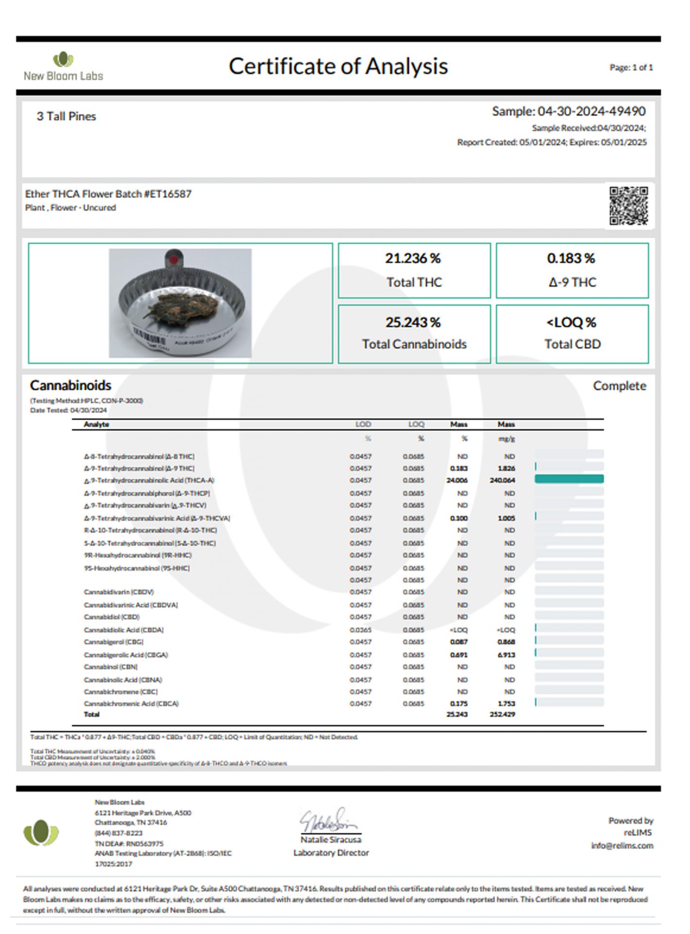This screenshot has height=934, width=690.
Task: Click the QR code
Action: pyautogui.click(x=629, y=206)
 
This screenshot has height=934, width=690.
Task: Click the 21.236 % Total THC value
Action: pyautogui.click(x=413, y=258)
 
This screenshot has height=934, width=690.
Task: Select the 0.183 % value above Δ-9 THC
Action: pyautogui.click(x=571, y=258)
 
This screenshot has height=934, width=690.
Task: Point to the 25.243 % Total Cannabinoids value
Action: pyautogui.click(x=413, y=323)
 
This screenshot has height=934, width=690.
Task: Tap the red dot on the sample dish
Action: pyautogui.click(x=174, y=259)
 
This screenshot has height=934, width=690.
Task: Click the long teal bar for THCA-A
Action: pyautogui.click(x=569, y=479)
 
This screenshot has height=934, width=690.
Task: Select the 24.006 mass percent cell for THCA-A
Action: pyautogui.click(x=457, y=480)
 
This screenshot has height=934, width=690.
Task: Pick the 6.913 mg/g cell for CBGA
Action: pyautogui.click(x=506, y=655)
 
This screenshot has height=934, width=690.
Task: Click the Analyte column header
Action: pyautogui.click(x=96, y=424)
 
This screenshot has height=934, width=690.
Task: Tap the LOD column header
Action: pyautogui.click(x=363, y=424)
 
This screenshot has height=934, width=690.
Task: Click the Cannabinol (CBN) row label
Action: pyautogui.click(x=111, y=667)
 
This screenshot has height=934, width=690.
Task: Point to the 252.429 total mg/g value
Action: pyautogui.click(x=502, y=714)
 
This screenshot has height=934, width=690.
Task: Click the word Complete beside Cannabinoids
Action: pyautogui.click(x=619, y=386)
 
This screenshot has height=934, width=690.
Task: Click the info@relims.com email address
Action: pyautogui.click(x=622, y=845)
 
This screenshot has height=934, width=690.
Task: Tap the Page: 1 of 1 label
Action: pyautogui.click(x=631, y=68)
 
